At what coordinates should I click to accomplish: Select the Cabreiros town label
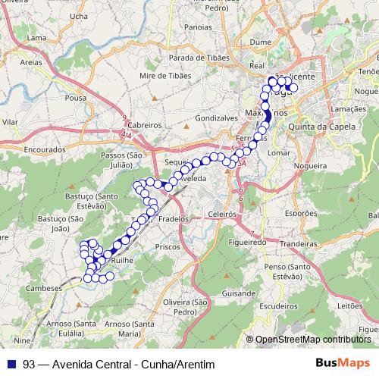[x=145, y=125]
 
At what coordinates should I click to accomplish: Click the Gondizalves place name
[x=217, y=119]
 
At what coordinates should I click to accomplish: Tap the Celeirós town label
[x=221, y=215]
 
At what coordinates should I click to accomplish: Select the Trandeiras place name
[x=296, y=245]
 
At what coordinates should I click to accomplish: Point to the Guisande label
[x=240, y=292]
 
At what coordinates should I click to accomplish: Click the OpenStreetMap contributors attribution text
[x=314, y=340]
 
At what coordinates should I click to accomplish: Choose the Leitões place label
[x=350, y=305]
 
